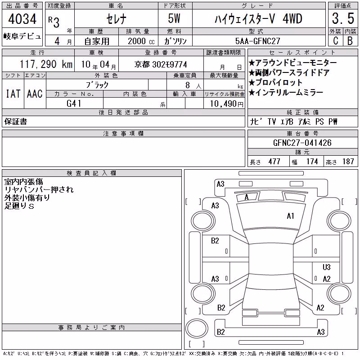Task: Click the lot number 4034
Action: pos(22,18)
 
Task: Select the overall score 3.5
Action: pos(343,18)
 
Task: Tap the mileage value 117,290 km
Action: pos(46,64)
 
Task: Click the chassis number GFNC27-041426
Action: pos(302,143)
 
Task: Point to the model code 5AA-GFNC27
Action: pos(257,41)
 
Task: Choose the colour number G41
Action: pos(74,103)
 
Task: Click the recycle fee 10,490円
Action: pos(227,104)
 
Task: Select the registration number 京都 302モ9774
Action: pos(161,64)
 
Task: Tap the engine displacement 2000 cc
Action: pos(141,41)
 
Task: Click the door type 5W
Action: pos(174,18)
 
